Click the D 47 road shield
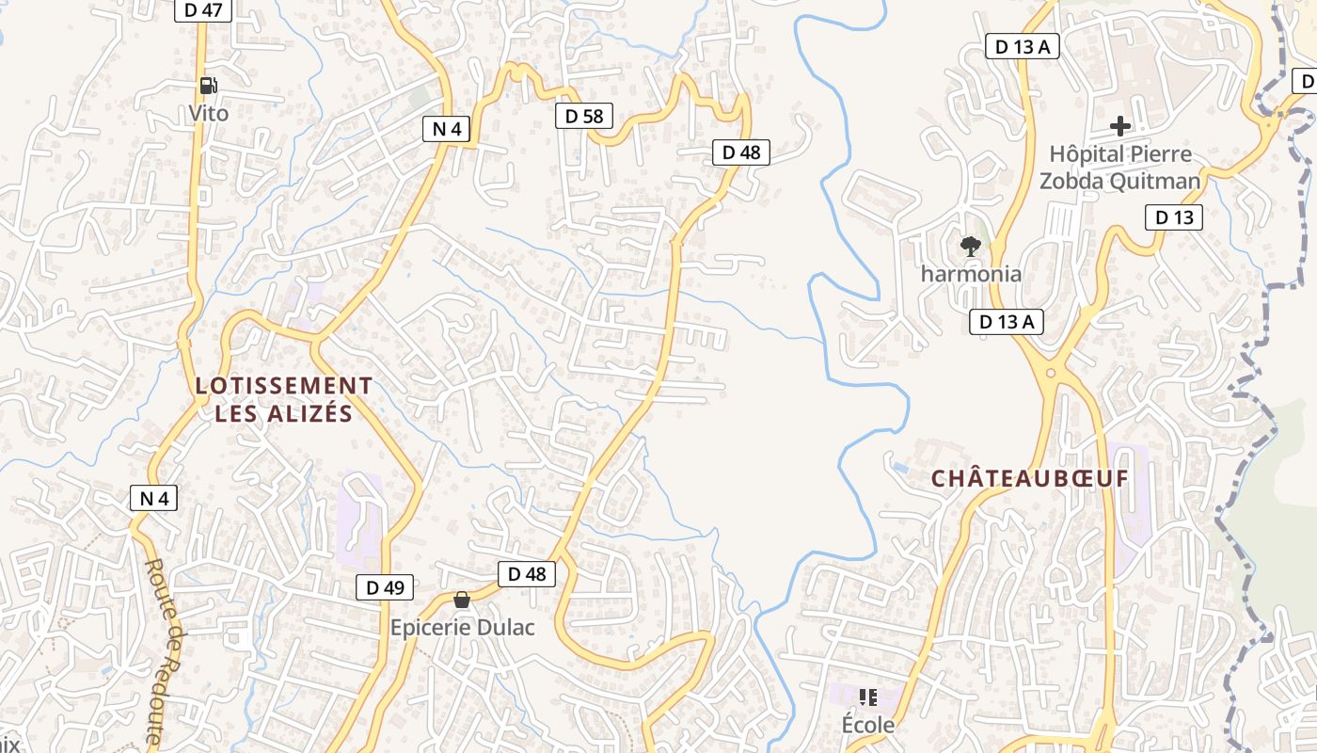point(203,10)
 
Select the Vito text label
point(208,113)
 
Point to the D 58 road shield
point(583,116)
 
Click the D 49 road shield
point(385,587)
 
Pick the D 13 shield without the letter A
point(1173,217)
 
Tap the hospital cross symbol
point(1119,125)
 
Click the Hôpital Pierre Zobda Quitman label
point(1119,167)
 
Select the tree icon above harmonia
point(970,247)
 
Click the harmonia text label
point(970,274)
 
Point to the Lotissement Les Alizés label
point(283,399)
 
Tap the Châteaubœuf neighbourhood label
point(1029,478)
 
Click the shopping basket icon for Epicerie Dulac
point(462,600)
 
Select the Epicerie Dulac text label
point(462,627)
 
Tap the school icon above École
point(867,697)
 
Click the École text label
point(867,725)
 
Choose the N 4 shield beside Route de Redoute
point(153,498)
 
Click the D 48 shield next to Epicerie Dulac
point(526,574)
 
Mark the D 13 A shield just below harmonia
point(1007,322)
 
